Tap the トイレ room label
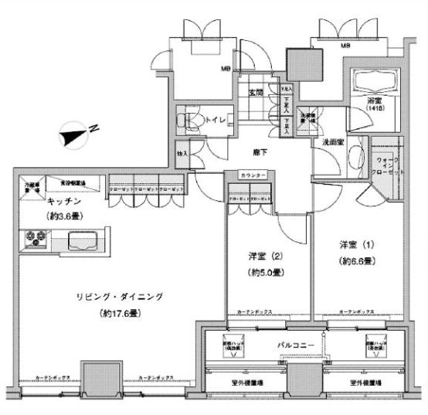[214, 120]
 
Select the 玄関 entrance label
[256, 93]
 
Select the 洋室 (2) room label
[257, 256]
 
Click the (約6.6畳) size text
[356, 261]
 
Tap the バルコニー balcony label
[294, 343]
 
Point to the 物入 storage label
[182, 153]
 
